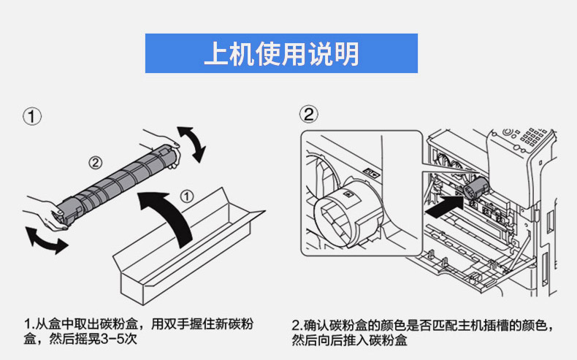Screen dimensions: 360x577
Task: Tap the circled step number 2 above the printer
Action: click(310, 114)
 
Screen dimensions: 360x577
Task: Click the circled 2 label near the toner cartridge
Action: click(94, 162)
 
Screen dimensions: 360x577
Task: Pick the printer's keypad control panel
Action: click(531, 137)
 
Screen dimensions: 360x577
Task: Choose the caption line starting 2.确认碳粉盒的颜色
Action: click(427, 323)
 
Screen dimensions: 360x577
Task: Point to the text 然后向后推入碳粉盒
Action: click(349, 339)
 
